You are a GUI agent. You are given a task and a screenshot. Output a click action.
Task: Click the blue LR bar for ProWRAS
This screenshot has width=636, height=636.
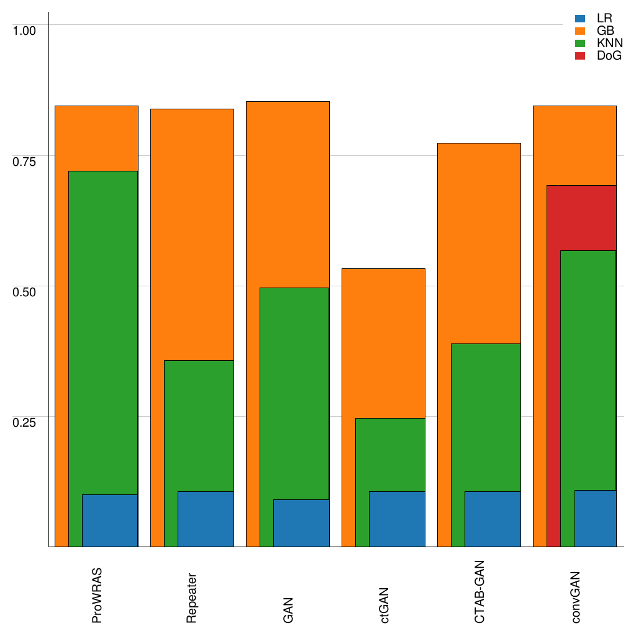[110, 520]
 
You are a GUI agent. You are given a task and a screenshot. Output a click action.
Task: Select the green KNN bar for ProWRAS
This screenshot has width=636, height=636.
[103, 329]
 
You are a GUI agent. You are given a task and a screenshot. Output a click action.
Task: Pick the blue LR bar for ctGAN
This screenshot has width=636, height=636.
[397, 519]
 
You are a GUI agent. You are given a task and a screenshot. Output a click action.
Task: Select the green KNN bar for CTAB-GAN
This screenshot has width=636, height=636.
[486, 416]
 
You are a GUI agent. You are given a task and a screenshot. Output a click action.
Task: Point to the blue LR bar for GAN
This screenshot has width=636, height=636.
[301, 523]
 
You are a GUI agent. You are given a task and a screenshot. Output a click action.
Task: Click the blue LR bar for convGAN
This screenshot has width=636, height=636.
[595, 518]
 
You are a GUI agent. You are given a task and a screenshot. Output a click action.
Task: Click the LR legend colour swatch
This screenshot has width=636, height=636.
[580, 19]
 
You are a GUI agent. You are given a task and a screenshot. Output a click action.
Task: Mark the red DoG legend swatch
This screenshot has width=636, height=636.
[580, 56]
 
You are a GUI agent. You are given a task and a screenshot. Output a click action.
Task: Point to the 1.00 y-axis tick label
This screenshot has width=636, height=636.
[25, 30]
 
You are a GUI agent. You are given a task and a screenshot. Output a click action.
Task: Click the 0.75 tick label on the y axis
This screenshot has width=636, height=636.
[25, 161]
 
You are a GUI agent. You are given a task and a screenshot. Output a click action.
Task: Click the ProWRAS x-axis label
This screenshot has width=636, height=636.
[97, 595]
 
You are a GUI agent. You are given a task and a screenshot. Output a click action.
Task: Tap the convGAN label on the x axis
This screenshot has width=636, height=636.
[575, 597]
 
